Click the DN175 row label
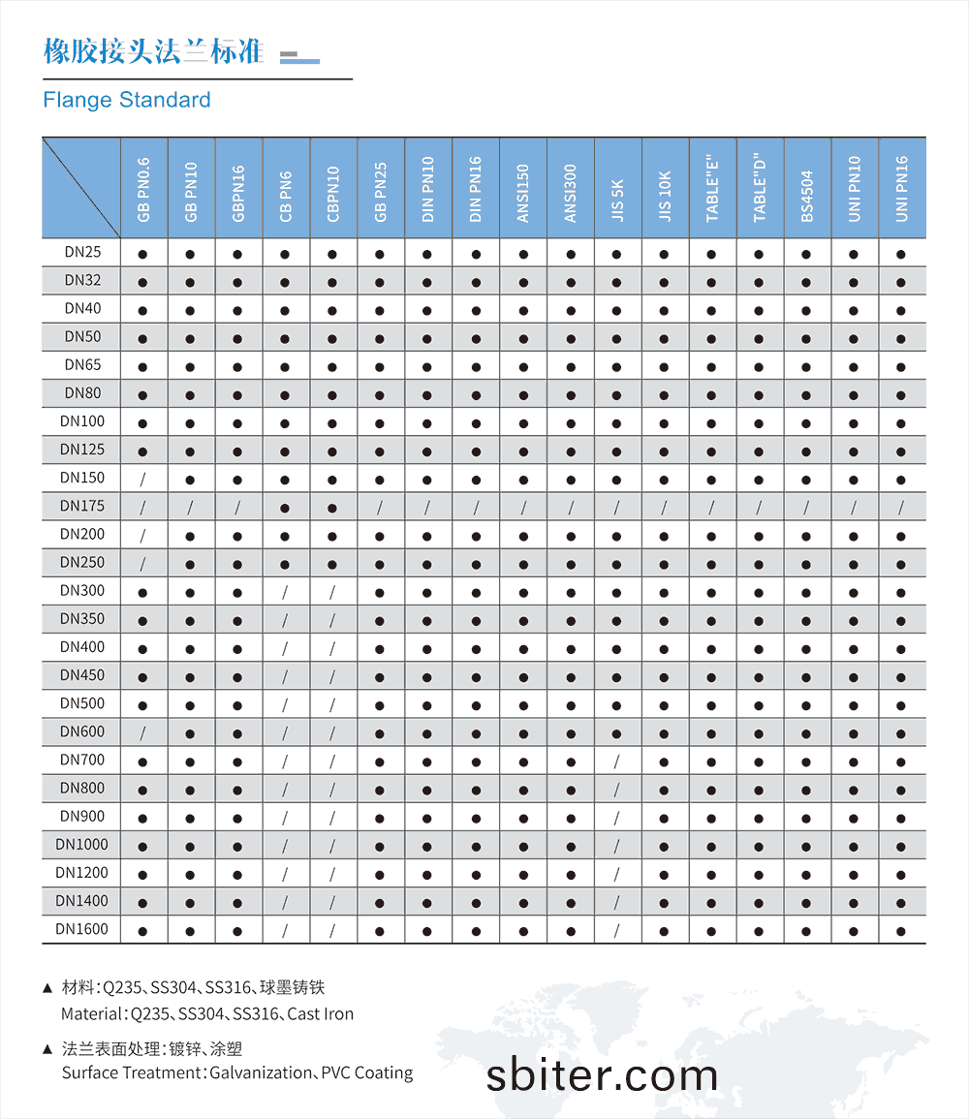click(82, 506)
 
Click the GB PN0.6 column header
click(143, 190)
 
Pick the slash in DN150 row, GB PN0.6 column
click(142, 479)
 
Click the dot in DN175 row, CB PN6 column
click(285, 507)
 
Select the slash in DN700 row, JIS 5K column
click(616, 761)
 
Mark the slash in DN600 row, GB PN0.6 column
click(142, 732)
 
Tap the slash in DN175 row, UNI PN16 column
click(901, 507)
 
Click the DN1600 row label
click(82, 929)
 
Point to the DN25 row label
click(82, 252)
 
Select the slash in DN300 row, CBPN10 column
click(332, 591)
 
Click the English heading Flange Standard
click(127, 100)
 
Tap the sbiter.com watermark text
click(602, 1074)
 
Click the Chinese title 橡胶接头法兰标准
click(153, 51)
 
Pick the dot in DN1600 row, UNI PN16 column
click(901, 930)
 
